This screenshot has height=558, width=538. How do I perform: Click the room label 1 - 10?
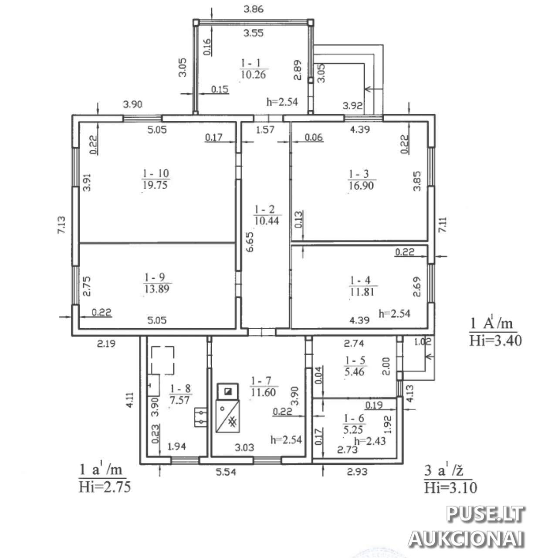pyautogui.click(x=156, y=173)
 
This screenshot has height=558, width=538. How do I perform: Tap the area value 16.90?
pyautogui.click(x=361, y=186)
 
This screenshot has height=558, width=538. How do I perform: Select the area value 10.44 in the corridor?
pyautogui.click(x=267, y=221)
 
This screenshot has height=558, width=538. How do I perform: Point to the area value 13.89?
pyautogui.click(x=157, y=289)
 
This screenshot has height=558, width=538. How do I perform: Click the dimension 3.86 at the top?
pyautogui.click(x=254, y=9)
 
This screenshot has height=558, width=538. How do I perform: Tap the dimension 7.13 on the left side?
pyautogui.click(x=61, y=225)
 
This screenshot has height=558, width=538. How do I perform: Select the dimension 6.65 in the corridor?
pyautogui.click(x=250, y=242)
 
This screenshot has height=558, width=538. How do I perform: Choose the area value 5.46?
pyautogui.click(x=354, y=372)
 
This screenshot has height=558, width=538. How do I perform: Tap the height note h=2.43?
pyautogui.click(x=370, y=440)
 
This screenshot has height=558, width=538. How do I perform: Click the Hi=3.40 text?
pyautogui.click(x=495, y=340)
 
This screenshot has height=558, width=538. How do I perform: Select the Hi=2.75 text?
pyautogui.click(x=105, y=487)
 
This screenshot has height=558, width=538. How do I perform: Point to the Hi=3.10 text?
pyautogui.click(x=450, y=487)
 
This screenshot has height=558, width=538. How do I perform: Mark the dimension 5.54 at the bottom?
pyautogui.click(x=226, y=472)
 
